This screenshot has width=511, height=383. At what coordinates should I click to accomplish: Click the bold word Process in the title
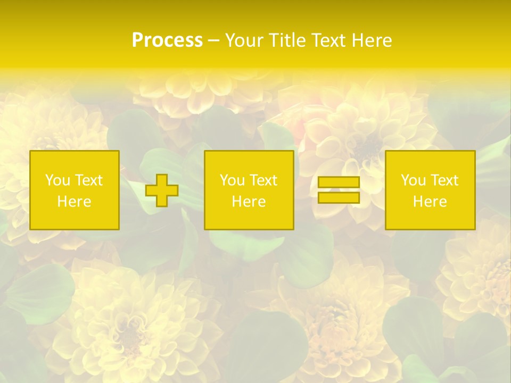click(x=167, y=40)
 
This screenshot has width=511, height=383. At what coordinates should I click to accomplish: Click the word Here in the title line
click(x=374, y=40)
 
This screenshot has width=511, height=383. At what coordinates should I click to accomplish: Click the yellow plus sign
click(x=162, y=190)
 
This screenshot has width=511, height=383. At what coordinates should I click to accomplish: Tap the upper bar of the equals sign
click(x=339, y=182)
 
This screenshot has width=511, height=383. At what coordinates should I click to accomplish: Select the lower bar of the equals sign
click(x=339, y=198)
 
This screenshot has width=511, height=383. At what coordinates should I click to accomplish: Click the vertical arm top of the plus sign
click(x=162, y=179)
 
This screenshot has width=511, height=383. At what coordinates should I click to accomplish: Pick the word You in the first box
click(x=57, y=180)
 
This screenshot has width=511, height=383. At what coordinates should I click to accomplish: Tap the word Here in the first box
click(x=74, y=202)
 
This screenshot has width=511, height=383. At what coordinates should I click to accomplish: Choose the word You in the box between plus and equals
click(x=232, y=180)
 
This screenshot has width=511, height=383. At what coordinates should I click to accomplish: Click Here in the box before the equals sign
click(x=249, y=202)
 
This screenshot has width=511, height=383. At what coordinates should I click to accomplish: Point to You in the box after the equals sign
click(x=413, y=180)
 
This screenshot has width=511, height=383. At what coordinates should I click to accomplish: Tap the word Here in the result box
click(x=430, y=202)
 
